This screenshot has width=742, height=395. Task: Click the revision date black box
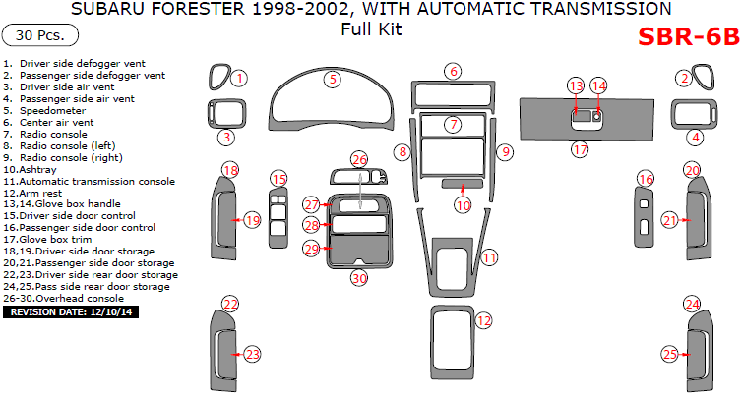coord(71,311)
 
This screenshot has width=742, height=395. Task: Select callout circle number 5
coord(334,78)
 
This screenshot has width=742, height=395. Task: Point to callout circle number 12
coord(483,320)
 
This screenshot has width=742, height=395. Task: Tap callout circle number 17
coord(581,150)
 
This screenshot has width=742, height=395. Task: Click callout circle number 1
coord(239,78)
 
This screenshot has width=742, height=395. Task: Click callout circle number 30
coord(359,278)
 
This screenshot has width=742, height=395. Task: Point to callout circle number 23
coord(253,353)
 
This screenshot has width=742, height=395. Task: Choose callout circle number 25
coord(669,353)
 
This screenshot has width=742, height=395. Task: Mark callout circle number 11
coord(489,258)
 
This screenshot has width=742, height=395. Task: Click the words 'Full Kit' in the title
coord(371,29)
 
